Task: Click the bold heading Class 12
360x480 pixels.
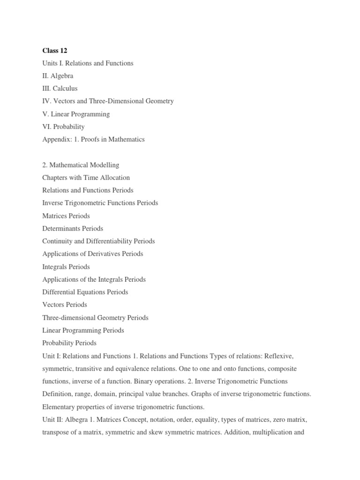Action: click(x=55, y=50)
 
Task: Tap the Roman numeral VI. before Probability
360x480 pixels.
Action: click(x=47, y=127)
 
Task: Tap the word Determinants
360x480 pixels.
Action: click(x=61, y=228)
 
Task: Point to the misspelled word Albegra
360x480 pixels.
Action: click(x=76, y=419)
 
